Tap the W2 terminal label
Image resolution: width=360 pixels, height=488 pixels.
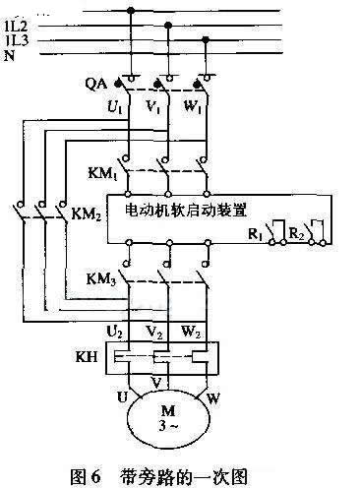point(205,333)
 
